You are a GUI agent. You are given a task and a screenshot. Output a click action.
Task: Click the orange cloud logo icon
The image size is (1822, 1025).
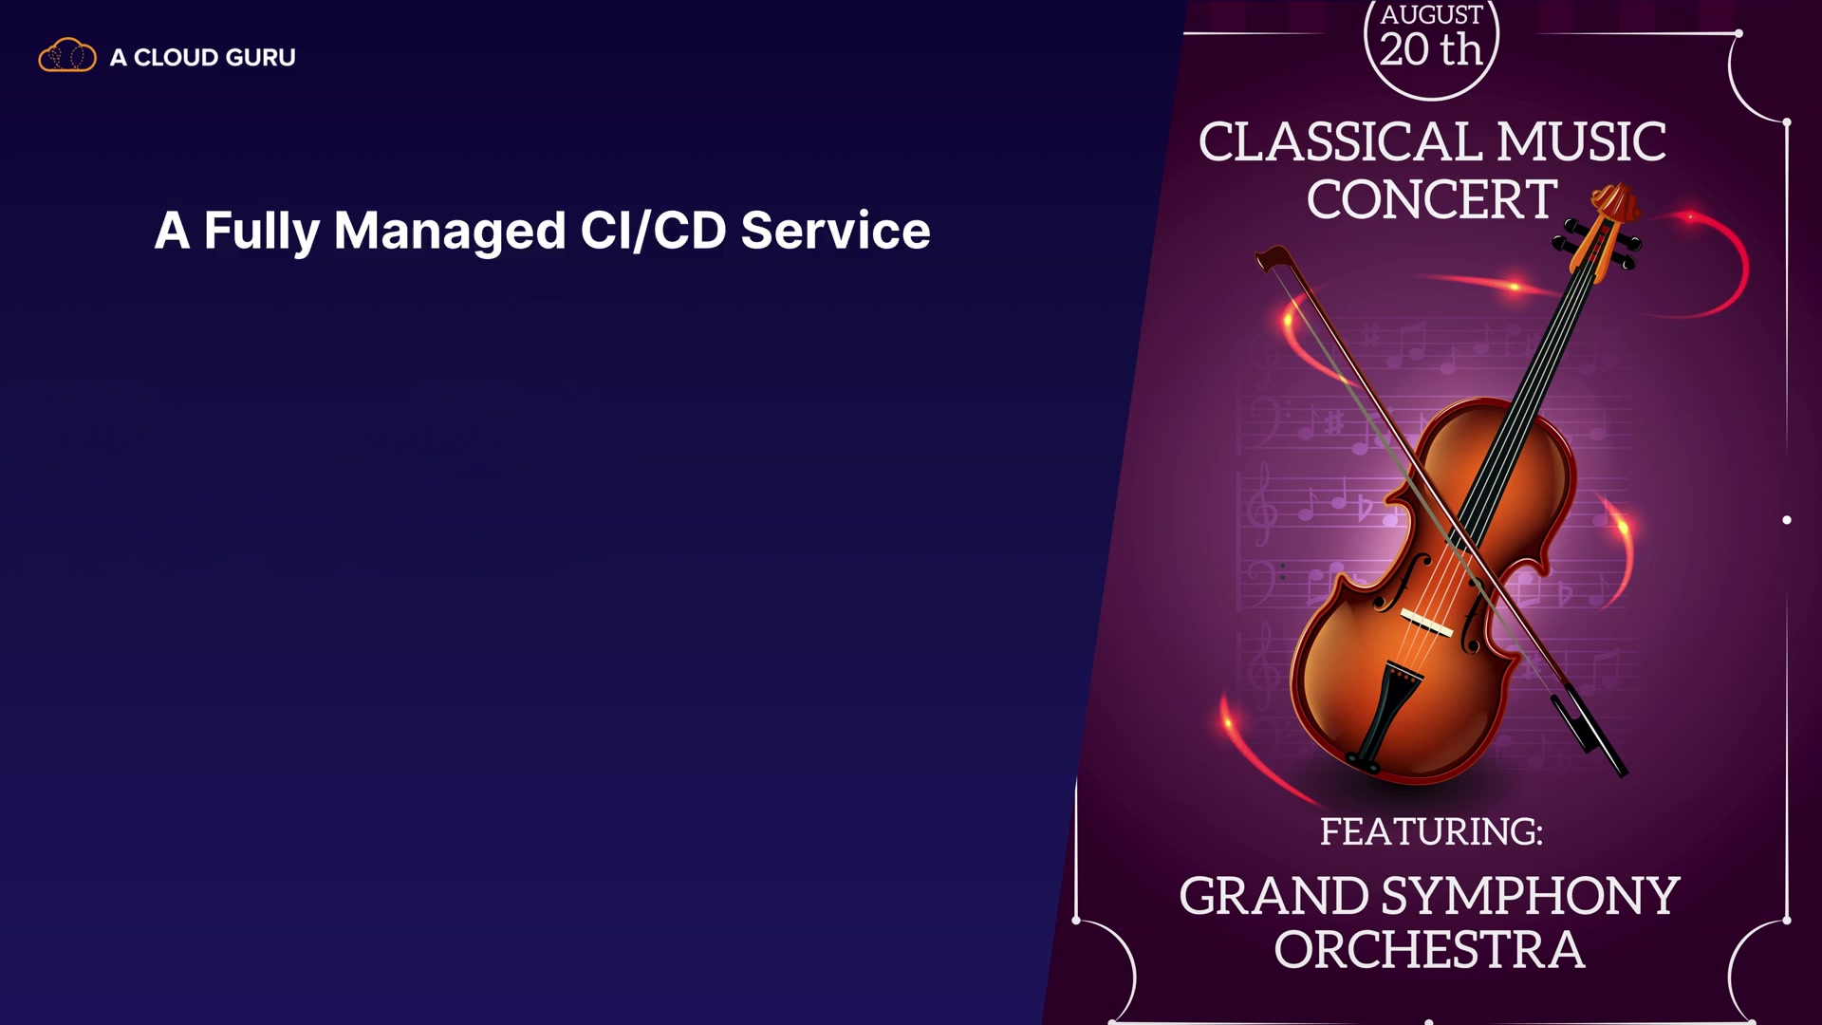tap(67, 56)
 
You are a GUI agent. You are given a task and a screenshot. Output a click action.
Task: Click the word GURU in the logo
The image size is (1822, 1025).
tap(261, 57)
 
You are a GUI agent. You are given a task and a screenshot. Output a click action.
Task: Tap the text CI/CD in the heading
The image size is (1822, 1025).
tap(653, 231)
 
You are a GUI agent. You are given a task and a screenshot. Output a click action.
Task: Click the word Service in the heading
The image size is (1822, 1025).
tap(835, 231)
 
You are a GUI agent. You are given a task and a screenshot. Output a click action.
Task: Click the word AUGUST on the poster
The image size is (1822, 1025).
tap(1431, 15)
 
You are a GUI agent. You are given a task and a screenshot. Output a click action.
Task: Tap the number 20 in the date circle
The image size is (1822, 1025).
tap(1404, 49)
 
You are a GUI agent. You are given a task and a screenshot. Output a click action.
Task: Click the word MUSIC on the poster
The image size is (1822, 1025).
tap(1581, 142)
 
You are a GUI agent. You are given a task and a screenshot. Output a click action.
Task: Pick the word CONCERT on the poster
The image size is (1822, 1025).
tap(1431, 200)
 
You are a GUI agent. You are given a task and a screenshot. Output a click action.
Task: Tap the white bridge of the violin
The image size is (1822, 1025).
tap(1426, 623)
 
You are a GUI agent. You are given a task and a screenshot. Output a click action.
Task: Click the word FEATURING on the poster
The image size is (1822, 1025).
tap(1431, 831)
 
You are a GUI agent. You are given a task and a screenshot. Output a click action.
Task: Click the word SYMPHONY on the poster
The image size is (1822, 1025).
tap(1531, 897)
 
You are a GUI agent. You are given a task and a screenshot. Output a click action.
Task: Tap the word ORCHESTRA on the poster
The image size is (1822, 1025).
tap(1429, 950)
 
